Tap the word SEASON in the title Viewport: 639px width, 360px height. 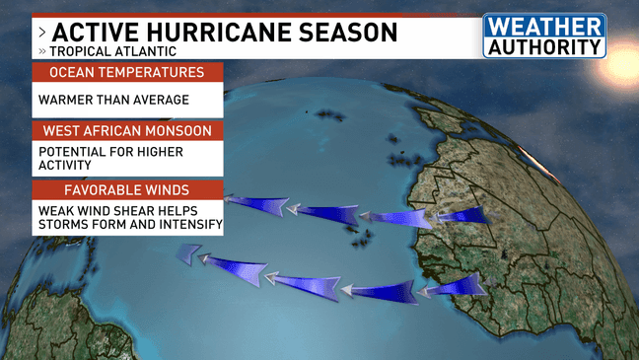[x=347, y=33]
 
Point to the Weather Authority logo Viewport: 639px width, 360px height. [x=543, y=36]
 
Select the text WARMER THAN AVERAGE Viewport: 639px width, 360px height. [x=112, y=100]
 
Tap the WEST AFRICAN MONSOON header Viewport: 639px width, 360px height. [x=127, y=130]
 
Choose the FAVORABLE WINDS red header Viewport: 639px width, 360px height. [x=127, y=189]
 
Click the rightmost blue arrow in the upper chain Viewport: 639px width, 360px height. [x=460, y=215]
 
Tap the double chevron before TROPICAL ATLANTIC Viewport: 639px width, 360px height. [x=41, y=50]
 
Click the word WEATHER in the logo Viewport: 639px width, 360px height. [x=544, y=26]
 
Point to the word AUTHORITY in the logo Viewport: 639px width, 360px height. [x=544, y=45]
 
